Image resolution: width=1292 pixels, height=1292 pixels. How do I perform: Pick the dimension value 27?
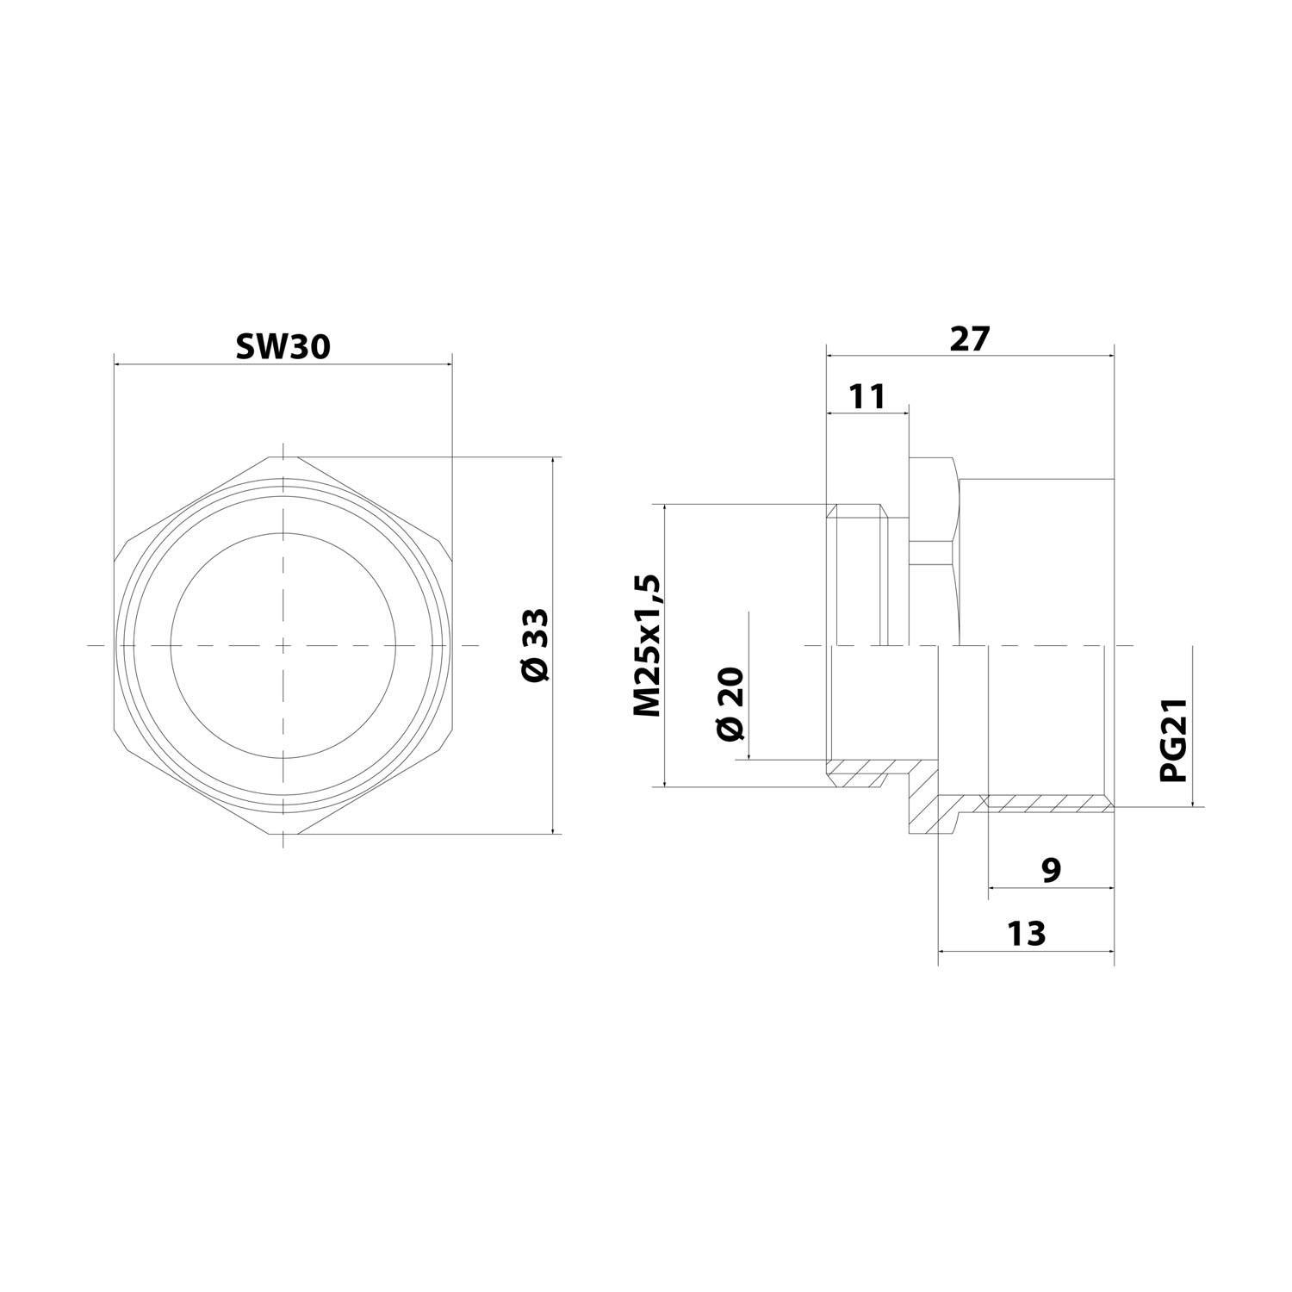(x=971, y=339)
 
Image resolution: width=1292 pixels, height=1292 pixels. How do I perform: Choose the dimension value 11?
(x=867, y=397)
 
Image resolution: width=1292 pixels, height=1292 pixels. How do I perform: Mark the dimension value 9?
(x=1051, y=870)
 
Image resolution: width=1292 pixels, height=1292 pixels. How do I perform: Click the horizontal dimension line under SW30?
(x=283, y=364)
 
